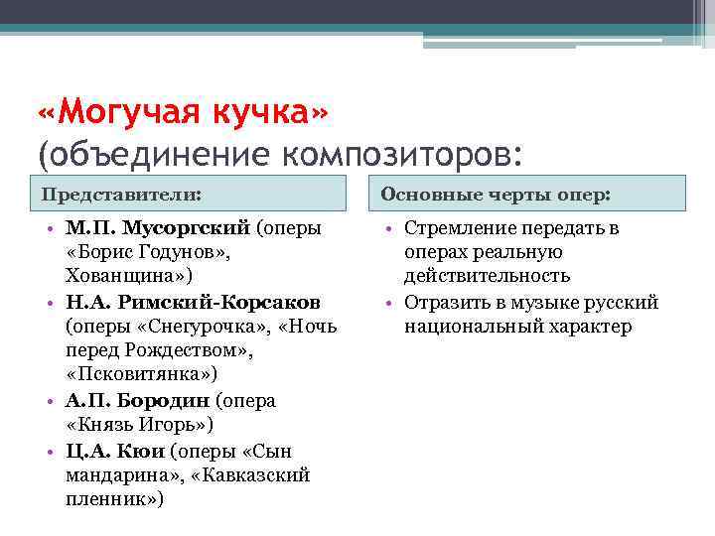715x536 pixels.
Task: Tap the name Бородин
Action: tap(174, 401)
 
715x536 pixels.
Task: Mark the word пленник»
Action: tap(114, 499)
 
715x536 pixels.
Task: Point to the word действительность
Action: tap(487, 276)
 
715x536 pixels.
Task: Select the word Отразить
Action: tap(441, 303)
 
